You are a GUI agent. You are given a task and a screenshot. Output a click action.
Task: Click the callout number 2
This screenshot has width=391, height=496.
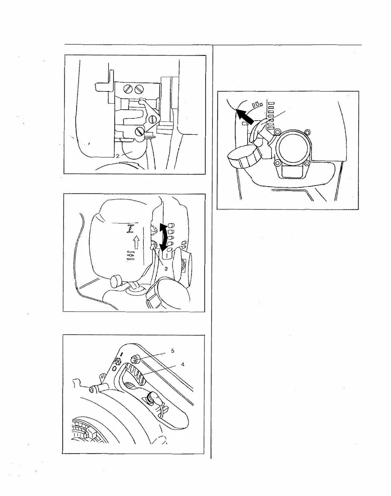click(117, 156)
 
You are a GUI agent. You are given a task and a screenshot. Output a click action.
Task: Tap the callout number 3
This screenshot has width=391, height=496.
click(166, 269)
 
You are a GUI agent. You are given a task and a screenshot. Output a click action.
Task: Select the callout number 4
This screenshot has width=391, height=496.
click(183, 364)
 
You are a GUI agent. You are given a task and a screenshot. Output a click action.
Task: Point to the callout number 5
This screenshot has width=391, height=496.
click(173, 351)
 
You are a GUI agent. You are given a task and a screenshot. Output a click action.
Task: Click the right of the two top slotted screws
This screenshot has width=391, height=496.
click(138, 89)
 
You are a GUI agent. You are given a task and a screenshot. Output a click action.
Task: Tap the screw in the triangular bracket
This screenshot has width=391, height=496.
click(153, 119)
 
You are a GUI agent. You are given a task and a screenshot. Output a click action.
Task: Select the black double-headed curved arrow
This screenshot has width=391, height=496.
click(164, 237)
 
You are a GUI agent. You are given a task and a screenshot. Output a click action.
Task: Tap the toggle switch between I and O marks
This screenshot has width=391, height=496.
click(119, 361)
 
